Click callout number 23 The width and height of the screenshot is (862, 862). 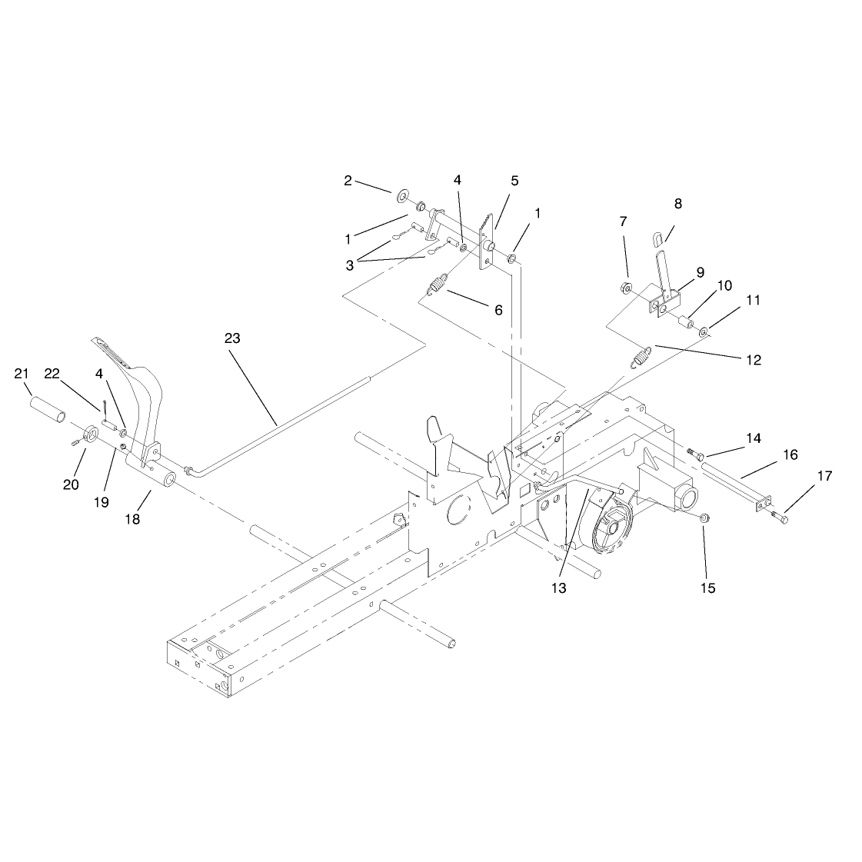coord(232,338)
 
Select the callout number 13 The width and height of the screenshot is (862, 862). coord(558,588)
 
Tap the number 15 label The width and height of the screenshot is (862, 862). coord(708,588)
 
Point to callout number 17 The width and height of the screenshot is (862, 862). coord(824,475)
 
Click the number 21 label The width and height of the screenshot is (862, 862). coord(22,374)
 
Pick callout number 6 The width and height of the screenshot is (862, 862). coord(498,310)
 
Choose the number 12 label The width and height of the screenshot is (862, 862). coord(754,360)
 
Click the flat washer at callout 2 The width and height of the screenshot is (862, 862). coord(403,194)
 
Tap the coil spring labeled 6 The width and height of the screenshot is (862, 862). coord(437,286)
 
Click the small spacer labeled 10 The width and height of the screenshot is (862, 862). coord(684,321)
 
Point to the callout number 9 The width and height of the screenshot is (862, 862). coord(701,273)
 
